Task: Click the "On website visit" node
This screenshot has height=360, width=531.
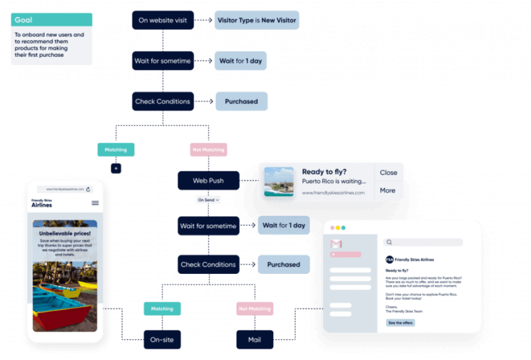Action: point(162,20)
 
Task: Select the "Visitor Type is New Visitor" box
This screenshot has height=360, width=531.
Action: point(257,20)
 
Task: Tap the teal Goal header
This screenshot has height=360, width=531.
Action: point(51,20)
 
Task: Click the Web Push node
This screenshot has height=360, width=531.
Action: point(208,181)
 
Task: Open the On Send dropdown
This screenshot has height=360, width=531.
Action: point(208,200)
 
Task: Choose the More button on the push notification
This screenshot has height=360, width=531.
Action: point(388,190)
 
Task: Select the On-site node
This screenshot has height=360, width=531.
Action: point(162,340)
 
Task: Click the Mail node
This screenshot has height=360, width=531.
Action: point(254,340)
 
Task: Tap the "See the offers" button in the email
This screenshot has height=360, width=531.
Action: point(400,323)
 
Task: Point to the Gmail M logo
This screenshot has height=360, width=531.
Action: point(336,244)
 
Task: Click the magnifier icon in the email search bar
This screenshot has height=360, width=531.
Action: point(390,242)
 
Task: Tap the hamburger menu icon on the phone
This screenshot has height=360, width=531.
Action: point(95,203)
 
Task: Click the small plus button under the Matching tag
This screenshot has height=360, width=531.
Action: point(116,168)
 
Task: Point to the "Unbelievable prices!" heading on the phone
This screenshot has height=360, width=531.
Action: point(65,233)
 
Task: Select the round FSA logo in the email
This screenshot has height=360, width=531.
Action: point(389,259)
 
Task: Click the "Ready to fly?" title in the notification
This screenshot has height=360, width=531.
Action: point(323,171)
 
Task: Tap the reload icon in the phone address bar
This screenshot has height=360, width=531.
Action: point(88,189)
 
